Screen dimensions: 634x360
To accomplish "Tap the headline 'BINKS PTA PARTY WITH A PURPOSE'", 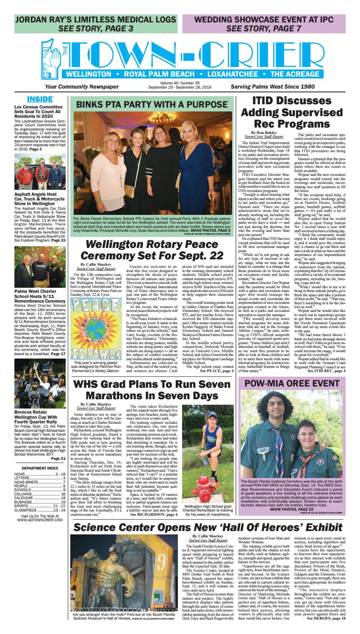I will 154,105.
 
